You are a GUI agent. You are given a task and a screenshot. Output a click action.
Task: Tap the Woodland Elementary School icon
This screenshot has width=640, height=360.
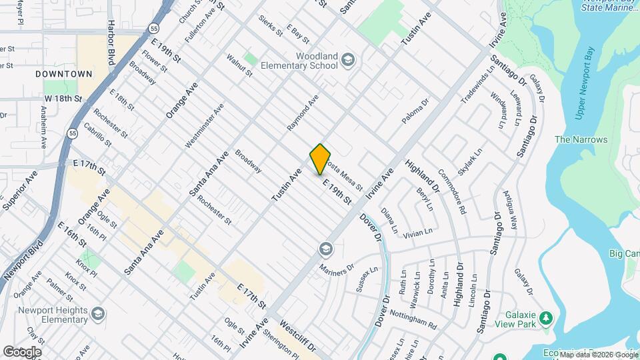tap(348, 61)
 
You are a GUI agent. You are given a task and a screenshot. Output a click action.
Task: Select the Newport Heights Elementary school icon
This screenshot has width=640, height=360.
tap(98, 313)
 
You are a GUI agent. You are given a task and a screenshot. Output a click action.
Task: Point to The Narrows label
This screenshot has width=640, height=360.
tap(581, 140)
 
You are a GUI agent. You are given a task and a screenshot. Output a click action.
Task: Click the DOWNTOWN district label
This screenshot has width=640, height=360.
tap(64, 73)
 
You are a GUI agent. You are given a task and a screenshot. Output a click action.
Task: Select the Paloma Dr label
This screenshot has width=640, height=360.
tap(414, 111)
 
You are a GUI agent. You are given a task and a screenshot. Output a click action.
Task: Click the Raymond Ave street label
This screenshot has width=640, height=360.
tap(303, 111)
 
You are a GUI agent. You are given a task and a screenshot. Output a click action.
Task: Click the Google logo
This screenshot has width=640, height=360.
tap(22, 351)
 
